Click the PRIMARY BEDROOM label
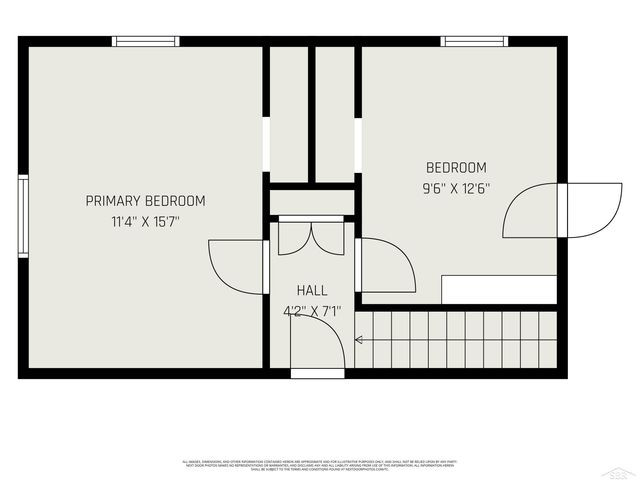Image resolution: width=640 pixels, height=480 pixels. pyautogui.click(x=145, y=201)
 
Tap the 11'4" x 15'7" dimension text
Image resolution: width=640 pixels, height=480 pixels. pyautogui.click(x=145, y=222)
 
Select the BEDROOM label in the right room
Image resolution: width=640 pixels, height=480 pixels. pyautogui.click(x=456, y=168)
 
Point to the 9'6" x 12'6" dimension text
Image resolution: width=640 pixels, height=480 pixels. pyautogui.click(x=456, y=186)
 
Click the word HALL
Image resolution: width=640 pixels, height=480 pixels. pyautogui.click(x=311, y=291)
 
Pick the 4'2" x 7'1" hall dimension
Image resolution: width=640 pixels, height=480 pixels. pyautogui.click(x=311, y=311)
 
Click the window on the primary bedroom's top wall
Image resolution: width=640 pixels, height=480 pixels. pyautogui.click(x=146, y=42)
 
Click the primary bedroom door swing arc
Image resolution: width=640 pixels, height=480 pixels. pyautogui.click(x=234, y=266)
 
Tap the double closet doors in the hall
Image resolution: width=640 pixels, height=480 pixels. pyautogui.click(x=310, y=238)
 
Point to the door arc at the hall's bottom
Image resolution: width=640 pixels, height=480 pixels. pyautogui.click(x=318, y=345)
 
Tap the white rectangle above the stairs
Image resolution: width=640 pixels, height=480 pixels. pyautogui.click(x=499, y=290)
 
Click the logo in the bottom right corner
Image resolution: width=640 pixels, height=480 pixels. pyautogui.click(x=621, y=470)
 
